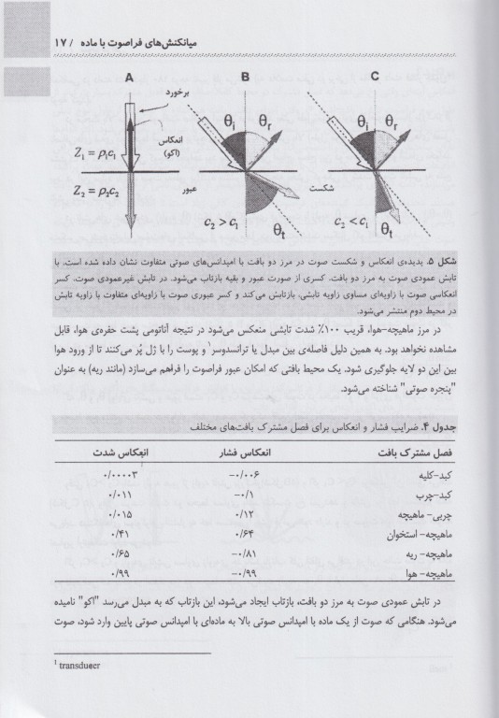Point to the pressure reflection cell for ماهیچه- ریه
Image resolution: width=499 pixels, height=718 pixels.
click(x=245, y=551)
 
